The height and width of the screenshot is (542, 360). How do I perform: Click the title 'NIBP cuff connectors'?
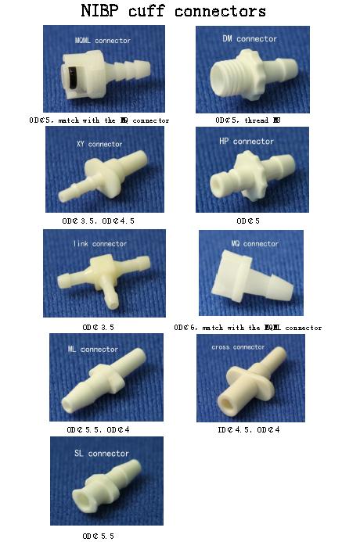click(x=173, y=11)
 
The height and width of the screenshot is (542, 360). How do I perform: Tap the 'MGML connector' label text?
click(x=103, y=40)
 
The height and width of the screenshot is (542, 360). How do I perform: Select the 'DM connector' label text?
click(x=250, y=38)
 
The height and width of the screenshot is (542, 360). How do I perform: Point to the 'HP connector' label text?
click(x=247, y=142)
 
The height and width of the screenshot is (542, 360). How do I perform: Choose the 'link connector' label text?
click(x=99, y=244)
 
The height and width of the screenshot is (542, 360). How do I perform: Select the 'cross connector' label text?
click(x=238, y=346)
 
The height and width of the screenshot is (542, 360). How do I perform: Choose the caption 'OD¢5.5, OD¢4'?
click(x=99, y=429)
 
